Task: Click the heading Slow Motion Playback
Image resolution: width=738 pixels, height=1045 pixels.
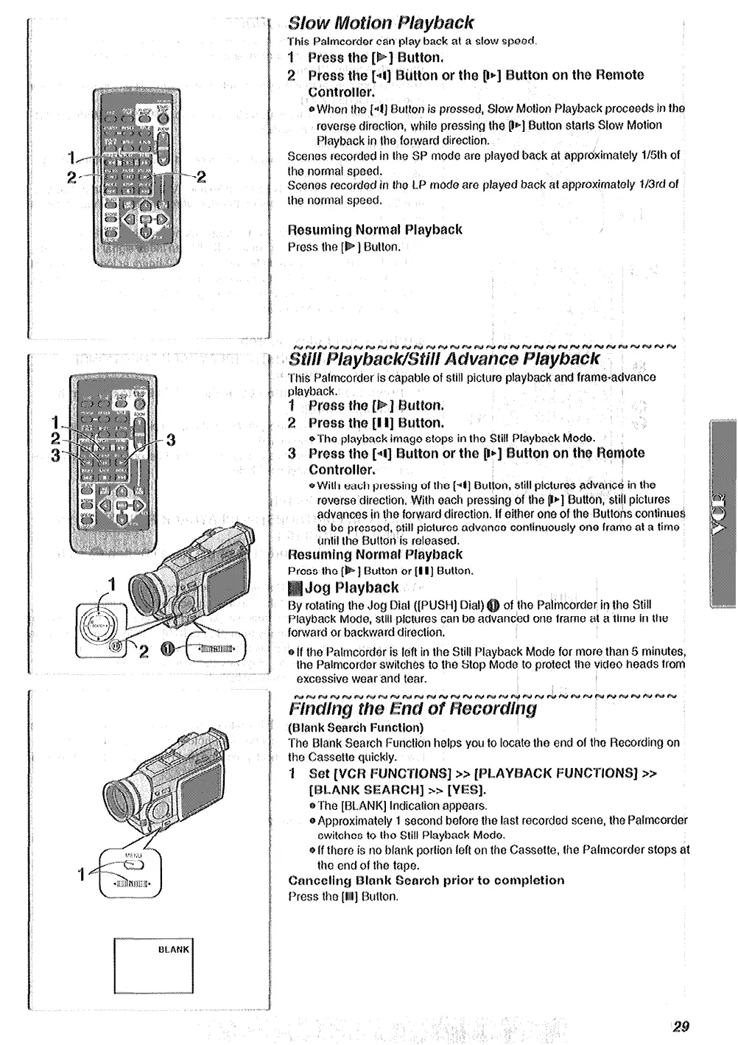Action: click(380, 23)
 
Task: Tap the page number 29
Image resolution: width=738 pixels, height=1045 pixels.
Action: click(680, 1026)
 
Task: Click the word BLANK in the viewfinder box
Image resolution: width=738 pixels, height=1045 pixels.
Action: click(174, 950)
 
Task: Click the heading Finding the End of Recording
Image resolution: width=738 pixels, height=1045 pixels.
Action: click(412, 709)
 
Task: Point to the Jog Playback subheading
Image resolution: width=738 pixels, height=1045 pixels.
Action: click(351, 588)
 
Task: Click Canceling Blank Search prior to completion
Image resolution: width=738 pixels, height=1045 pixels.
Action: click(426, 881)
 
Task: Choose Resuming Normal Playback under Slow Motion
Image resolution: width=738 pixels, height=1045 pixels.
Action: click(374, 230)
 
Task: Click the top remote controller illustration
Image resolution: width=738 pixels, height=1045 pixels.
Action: click(133, 176)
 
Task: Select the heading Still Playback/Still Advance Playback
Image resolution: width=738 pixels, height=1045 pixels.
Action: click(444, 360)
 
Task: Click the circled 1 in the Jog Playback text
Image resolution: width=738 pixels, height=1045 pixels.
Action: click(493, 606)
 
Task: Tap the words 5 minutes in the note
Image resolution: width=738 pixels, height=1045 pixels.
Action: click(658, 652)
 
